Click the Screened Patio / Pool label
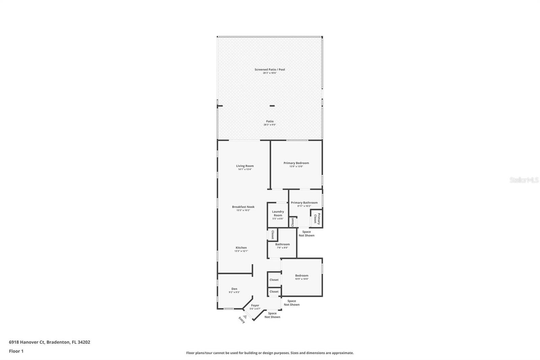click(270, 70)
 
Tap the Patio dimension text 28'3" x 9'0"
click(270, 125)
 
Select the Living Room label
click(245, 166)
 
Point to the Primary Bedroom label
click(296, 163)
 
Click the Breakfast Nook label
click(243, 207)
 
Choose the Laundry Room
click(278, 215)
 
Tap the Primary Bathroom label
click(304, 203)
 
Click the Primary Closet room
click(317, 218)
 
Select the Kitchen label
click(241, 248)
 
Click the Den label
click(234, 289)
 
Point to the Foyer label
click(255, 305)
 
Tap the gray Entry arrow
click(245, 316)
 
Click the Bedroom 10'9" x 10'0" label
click(301, 276)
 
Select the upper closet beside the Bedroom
click(274, 280)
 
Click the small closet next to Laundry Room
click(293, 222)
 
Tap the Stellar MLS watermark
click(524, 180)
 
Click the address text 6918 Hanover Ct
click(27, 342)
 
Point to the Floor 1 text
click(16, 351)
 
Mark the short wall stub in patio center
click(272, 106)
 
